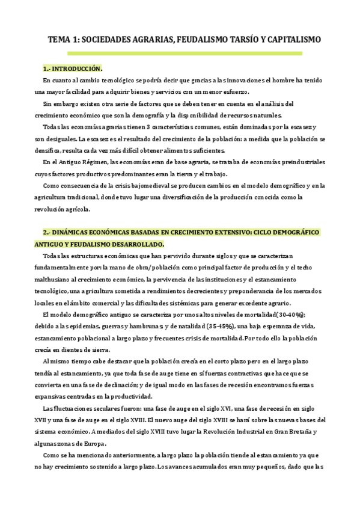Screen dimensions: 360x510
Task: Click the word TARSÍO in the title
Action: coord(236,40)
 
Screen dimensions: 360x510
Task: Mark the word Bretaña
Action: coord(300,432)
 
